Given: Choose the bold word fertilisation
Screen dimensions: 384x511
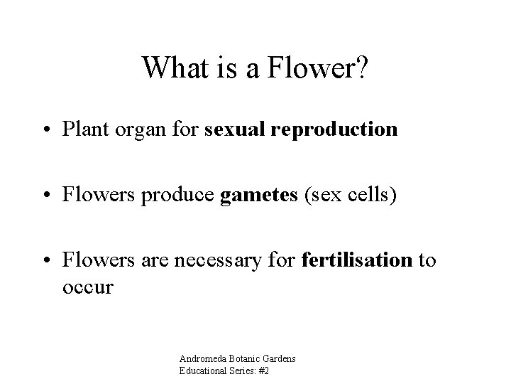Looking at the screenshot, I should coord(357,261).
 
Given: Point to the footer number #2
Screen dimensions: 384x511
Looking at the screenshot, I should coord(265,370).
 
